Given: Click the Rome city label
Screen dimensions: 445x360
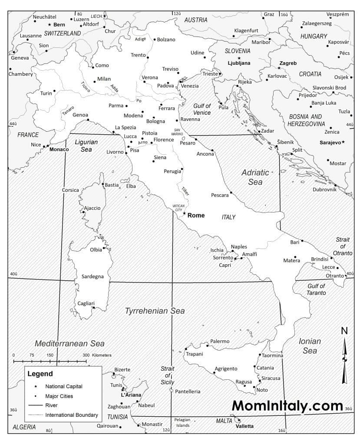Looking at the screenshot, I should (x=196, y=215).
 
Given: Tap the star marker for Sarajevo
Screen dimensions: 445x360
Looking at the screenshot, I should (x=343, y=142).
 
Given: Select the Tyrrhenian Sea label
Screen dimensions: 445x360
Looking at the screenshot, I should (x=155, y=311).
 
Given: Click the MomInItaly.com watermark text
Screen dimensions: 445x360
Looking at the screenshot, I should (x=287, y=405).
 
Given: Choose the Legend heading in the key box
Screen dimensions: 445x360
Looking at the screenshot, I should (x=40, y=374).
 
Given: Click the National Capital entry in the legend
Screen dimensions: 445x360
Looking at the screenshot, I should (x=63, y=386).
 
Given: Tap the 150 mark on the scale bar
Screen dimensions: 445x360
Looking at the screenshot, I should (x=50, y=355).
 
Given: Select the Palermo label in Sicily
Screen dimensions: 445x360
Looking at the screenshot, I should (x=219, y=341).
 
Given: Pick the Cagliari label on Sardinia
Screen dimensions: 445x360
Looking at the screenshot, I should (x=86, y=303).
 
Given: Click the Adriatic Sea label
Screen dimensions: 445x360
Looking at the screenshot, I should (x=255, y=177).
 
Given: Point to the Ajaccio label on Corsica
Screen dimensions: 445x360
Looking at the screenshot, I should (x=92, y=208).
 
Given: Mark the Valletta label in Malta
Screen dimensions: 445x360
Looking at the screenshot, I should (x=244, y=426).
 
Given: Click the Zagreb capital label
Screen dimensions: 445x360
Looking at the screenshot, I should (x=288, y=63).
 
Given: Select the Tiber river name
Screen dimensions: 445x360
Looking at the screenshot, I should (x=185, y=191).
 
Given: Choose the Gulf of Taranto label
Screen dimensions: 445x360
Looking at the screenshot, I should (x=316, y=289).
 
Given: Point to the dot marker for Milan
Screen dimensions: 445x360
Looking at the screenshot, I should (x=95, y=81).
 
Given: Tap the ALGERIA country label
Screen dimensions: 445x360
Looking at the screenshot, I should (x=24, y=427).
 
